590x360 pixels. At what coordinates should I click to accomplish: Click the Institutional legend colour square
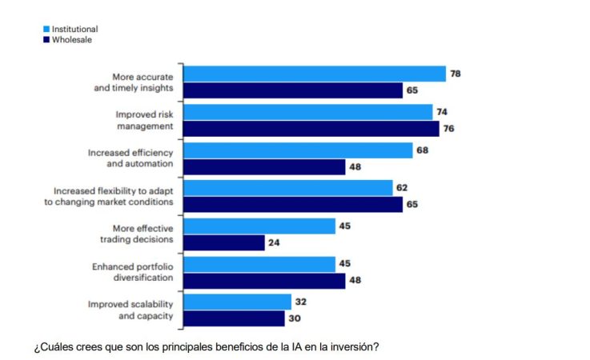(x=46, y=29)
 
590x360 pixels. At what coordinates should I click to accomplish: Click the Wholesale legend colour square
(x=46, y=38)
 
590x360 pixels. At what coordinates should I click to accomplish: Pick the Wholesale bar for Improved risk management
(x=311, y=128)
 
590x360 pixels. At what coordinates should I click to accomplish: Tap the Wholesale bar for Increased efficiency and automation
(x=265, y=166)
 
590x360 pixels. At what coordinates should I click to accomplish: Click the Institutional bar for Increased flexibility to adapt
(x=288, y=188)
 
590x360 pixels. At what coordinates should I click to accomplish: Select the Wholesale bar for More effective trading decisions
(x=224, y=242)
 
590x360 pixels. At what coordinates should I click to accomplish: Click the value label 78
(x=456, y=74)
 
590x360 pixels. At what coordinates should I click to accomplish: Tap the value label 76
(x=449, y=128)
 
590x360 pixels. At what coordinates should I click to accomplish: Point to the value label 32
(x=301, y=302)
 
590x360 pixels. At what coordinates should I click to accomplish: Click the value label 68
(x=423, y=150)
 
